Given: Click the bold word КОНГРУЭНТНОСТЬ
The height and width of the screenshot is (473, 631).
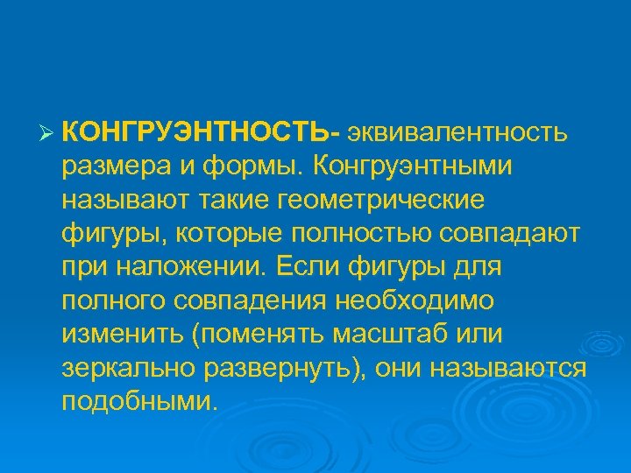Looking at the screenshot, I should (x=197, y=132).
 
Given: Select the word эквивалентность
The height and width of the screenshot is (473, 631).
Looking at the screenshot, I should (x=461, y=132).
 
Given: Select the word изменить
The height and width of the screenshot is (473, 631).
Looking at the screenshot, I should (x=117, y=334).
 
